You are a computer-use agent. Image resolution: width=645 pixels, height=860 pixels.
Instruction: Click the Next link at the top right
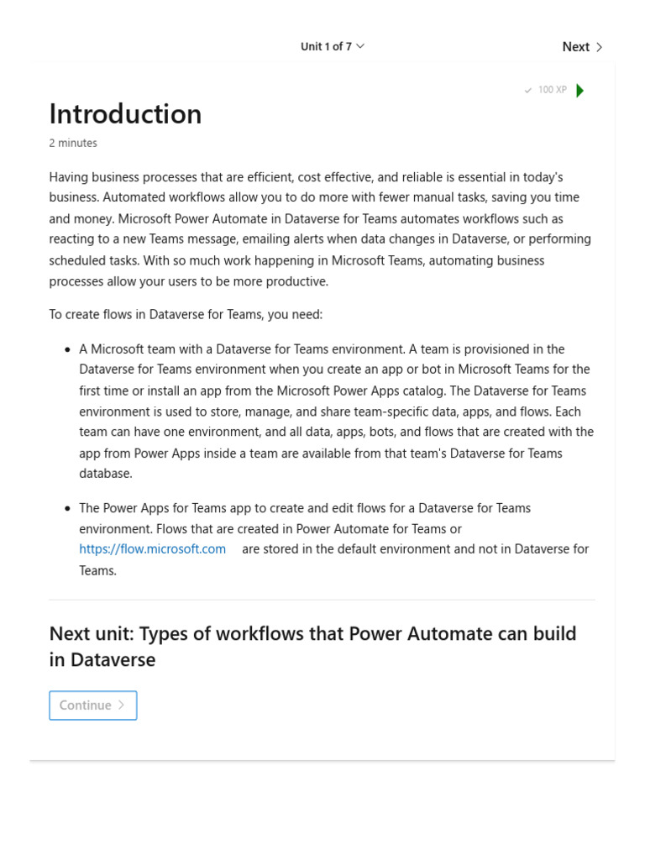pos(576,47)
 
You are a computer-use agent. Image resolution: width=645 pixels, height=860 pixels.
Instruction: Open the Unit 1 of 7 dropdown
pos(333,47)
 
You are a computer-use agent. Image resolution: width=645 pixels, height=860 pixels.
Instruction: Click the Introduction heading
pos(125,114)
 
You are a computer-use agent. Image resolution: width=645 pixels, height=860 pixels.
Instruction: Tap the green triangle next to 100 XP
pos(579,91)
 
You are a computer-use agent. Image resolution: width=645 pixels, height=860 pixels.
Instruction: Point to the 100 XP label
pos(552,90)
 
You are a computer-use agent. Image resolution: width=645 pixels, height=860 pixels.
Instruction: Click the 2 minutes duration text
pos(73,144)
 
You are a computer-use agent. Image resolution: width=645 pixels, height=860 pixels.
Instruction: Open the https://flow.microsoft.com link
pos(152,549)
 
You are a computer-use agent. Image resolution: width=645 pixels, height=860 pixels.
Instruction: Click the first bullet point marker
pos(67,349)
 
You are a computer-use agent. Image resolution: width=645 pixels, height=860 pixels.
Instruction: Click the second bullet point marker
pos(67,509)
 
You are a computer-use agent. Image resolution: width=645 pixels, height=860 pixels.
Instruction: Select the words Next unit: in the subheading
pos(93,634)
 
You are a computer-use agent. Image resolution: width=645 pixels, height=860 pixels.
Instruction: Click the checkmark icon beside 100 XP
pos(528,91)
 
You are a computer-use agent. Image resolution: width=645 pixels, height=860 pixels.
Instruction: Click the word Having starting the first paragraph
pos(70,177)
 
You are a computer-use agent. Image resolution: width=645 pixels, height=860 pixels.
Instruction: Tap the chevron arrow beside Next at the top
pos(599,47)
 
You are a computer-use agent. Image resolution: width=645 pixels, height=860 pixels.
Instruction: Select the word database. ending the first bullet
pos(106,474)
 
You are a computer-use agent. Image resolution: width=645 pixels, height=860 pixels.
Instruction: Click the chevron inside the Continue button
pos(122,705)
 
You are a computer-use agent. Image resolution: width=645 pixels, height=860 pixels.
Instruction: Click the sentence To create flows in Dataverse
pos(186,315)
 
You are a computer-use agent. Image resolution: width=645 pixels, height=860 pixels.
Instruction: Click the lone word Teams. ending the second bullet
pos(97,570)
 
